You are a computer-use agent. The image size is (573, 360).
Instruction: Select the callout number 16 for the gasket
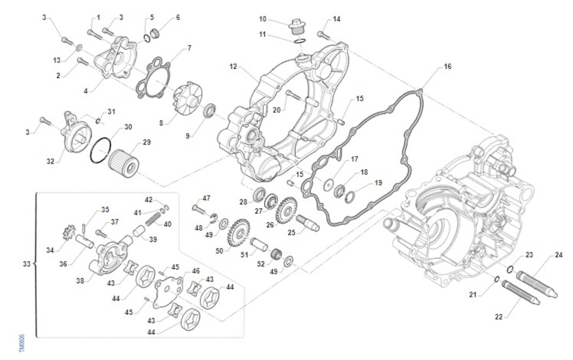tap(447, 66)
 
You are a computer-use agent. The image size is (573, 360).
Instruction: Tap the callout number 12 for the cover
tap(233, 67)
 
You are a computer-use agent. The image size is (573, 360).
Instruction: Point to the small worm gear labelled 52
tap(276, 254)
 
